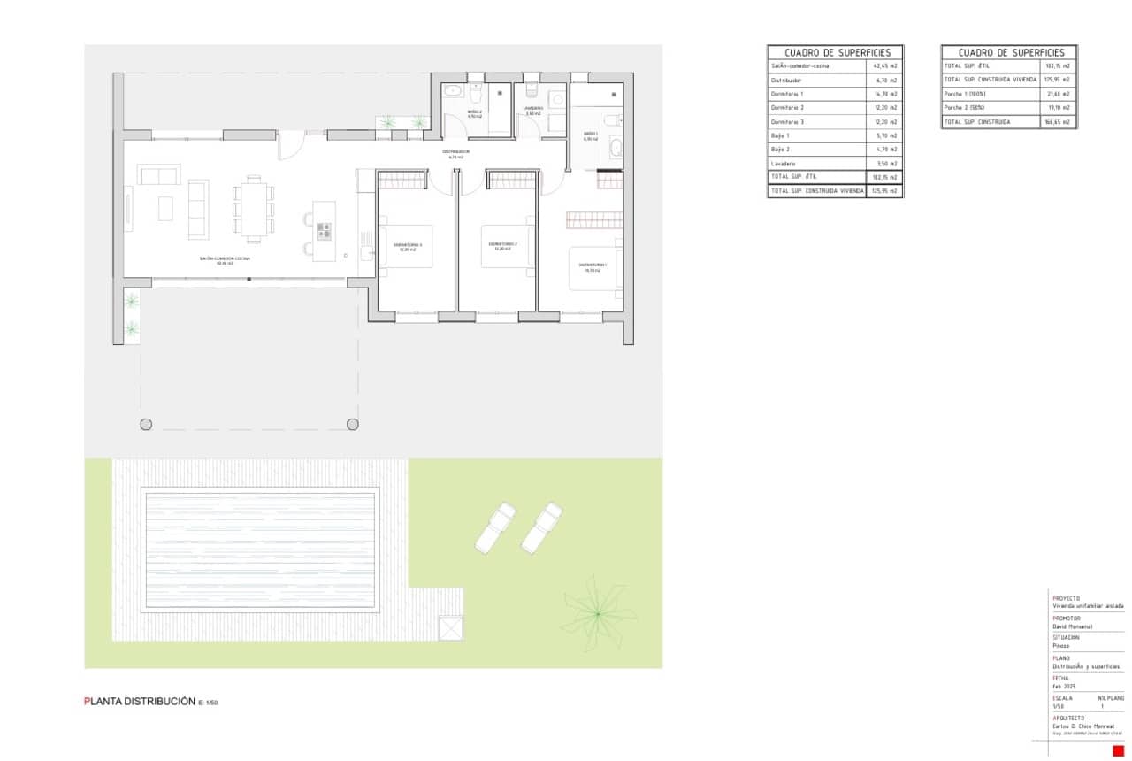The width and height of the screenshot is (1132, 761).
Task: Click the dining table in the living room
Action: (x=254, y=209)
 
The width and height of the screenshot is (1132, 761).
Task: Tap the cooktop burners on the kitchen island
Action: (x=324, y=230)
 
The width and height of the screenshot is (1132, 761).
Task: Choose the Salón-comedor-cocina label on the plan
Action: (x=225, y=258)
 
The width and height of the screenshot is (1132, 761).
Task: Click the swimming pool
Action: (x=260, y=550)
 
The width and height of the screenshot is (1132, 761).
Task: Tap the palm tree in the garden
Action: (x=599, y=612)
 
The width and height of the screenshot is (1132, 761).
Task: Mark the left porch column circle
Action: (x=146, y=424)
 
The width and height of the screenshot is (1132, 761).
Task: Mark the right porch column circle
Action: (x=353, y=424)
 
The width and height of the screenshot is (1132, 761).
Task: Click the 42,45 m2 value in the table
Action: (x=885, y=66)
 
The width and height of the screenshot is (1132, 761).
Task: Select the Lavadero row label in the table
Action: (x=784, y=164)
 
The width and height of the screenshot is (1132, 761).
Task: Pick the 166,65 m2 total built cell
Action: (x=1058, y=122)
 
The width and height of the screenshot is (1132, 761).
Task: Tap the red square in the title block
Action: (x=1117, y=750)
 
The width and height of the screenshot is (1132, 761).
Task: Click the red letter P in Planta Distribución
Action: (x=87, y=701)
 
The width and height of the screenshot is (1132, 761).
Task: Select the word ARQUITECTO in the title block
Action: (x=1068, y=718)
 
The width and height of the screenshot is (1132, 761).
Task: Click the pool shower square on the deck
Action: (x=451, y=627)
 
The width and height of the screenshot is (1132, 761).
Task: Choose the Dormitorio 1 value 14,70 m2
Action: (x=885, y=94)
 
